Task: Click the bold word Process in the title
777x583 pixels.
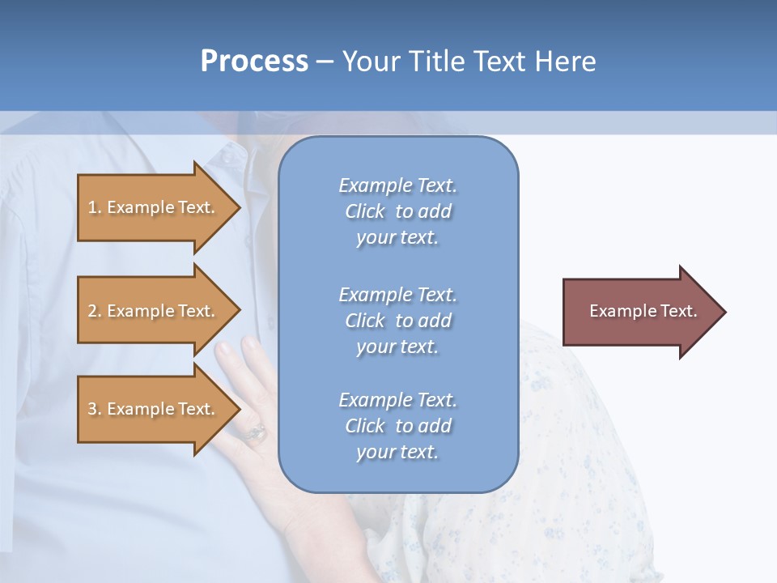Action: click(254, 62)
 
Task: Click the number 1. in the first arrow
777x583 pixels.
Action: click(95, 207)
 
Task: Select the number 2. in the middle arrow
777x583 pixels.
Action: click(95, 311)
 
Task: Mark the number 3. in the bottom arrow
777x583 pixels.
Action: click(95, 409)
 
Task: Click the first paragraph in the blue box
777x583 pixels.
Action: click(397, 211)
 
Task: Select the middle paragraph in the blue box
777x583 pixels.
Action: click(397, 321)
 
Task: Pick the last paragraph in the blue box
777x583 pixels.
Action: click(397, 426)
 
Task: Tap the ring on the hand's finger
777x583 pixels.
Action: click(257, 432)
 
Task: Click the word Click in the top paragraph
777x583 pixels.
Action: click(365, 211)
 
